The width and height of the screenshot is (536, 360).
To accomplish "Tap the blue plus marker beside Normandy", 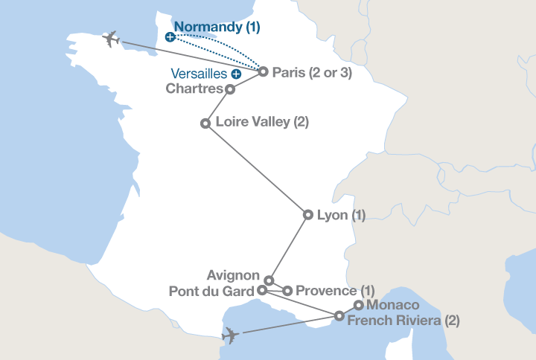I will pos(170,36).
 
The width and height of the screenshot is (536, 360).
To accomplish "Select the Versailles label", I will pos(200,74).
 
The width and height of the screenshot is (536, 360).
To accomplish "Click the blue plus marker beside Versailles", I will pos(236,74).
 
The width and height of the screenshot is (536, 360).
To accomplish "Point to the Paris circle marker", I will pos(263,72).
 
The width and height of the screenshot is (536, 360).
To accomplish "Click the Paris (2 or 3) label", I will pos(312,73).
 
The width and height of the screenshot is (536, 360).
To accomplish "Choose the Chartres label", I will pos(194,89).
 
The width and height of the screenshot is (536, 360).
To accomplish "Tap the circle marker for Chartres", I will pos(230,89).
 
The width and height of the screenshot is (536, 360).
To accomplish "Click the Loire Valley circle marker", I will pos(205,123).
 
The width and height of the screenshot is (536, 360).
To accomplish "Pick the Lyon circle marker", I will pos(308,215).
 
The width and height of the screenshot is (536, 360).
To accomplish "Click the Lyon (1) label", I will pos(342,216).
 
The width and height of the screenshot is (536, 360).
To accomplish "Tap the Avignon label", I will pos(234,275).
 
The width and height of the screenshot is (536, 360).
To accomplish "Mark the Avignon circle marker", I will pos(269,280).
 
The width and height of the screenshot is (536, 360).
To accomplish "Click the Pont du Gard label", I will pos(212,290).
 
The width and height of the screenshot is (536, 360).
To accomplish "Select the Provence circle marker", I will pos(287,290).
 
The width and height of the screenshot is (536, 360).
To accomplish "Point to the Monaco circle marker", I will pos(358,305).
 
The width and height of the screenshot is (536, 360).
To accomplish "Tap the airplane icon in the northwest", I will pos(111,39).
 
